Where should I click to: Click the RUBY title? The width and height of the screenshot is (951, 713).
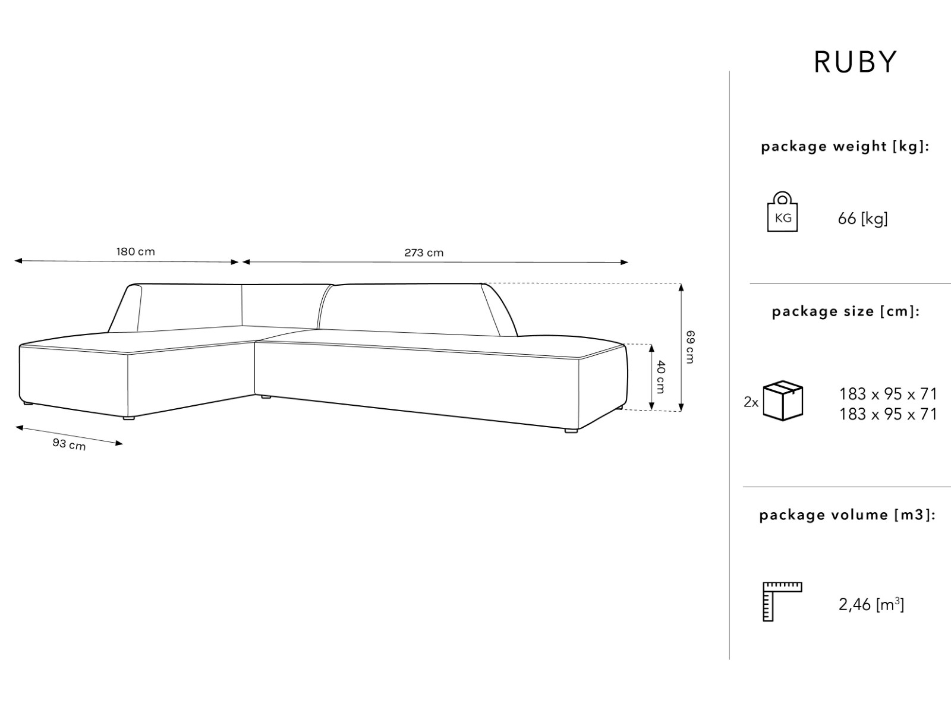pos(855,62)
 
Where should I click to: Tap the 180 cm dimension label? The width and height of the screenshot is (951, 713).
pos(136,251)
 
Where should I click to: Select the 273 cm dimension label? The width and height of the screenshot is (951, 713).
pos(424,253)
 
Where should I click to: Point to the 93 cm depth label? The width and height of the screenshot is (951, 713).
pos(69,443)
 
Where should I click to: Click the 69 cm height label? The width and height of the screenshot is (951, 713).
pos(689,347)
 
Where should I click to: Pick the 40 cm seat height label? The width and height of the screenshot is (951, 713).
pos(661,377)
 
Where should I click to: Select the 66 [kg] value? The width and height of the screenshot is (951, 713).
pos(862,219)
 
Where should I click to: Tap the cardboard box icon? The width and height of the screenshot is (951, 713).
pos(783,401)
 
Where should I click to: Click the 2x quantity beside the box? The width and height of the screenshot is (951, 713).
pos(751,402)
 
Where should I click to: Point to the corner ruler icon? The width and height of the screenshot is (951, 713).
pos(782,602)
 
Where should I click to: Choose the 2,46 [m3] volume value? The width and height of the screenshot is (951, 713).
pos(871,605)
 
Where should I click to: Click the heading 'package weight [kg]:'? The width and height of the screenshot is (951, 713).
pos(845,147)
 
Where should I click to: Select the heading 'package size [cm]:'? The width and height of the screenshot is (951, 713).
pos(845,311)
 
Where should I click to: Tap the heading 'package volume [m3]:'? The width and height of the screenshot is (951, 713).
pos(847,515)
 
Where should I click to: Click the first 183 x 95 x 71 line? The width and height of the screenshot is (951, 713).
pos(888,394)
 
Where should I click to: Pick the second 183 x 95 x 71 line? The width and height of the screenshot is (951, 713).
pos(888,414)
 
